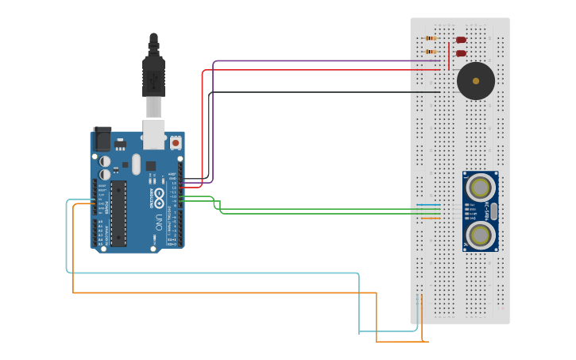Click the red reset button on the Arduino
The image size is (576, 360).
[x=176, y=143]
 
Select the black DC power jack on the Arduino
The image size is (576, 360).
[x=102, y=140]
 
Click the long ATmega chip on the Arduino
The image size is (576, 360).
[x=118, y=213]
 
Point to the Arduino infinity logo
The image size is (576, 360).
[x=159, y=195]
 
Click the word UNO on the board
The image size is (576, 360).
[x=158, y=221]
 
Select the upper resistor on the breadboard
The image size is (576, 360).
[x=431, y=38]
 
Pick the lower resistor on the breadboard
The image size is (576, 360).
[x=431, y=52]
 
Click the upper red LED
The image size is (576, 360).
[x=461, y=40]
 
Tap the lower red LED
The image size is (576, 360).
[x=461, y=53]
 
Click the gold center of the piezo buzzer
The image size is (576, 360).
[x=476, y=81]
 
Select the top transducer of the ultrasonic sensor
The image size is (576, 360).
[x=480, y=188]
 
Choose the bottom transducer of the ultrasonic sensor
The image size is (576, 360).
[x=480, y=234]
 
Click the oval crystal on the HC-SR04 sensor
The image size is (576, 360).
[x=493, y=211]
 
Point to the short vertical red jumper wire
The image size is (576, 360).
[x=449, y=56]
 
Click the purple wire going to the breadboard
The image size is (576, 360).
[x=318, y=60]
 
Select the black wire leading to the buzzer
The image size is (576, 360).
[x=318, y=92]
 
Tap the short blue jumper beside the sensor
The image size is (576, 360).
[x=429, y=205]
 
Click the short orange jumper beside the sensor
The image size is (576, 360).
[x=429, y=218]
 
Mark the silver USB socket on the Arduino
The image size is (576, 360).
[x=153, y=134]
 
